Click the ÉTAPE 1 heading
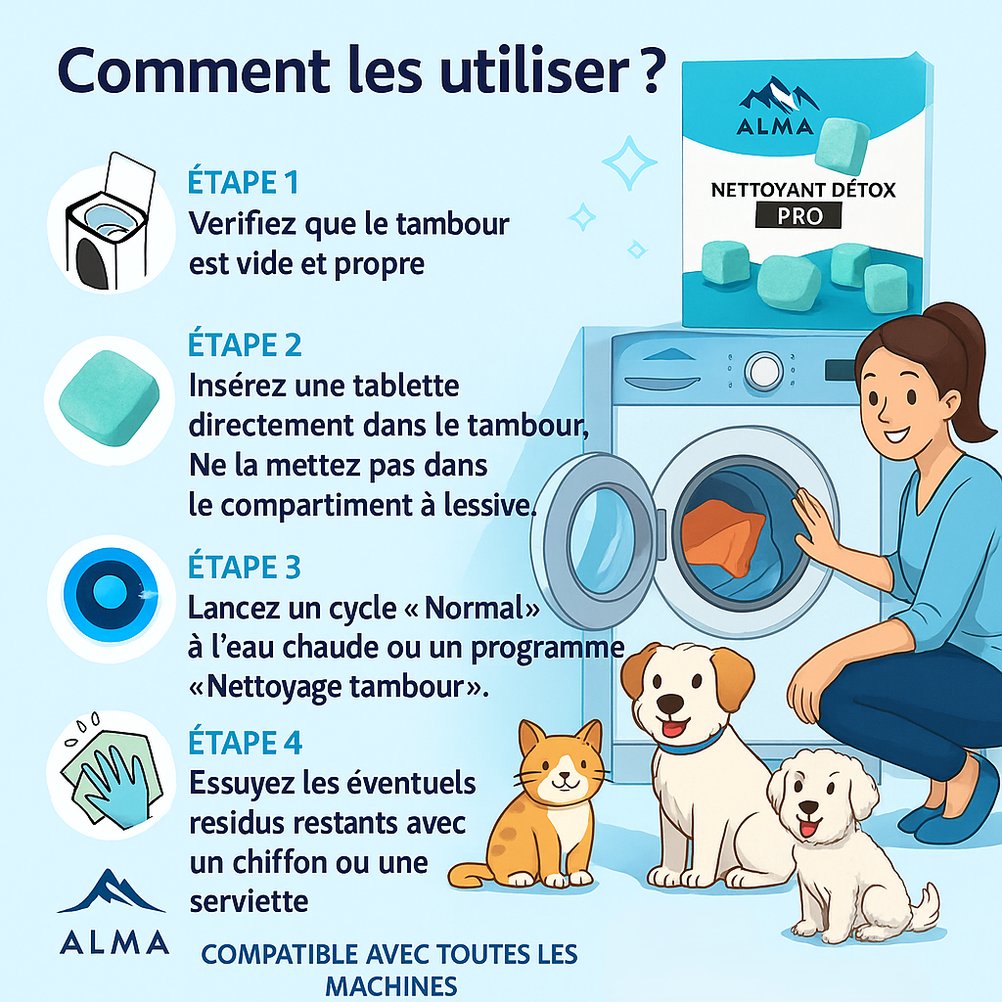[243, 182]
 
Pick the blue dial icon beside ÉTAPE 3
[109, 593]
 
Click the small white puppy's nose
[808, 809]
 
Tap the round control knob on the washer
[762, 371]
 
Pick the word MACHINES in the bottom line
[390, 984]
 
